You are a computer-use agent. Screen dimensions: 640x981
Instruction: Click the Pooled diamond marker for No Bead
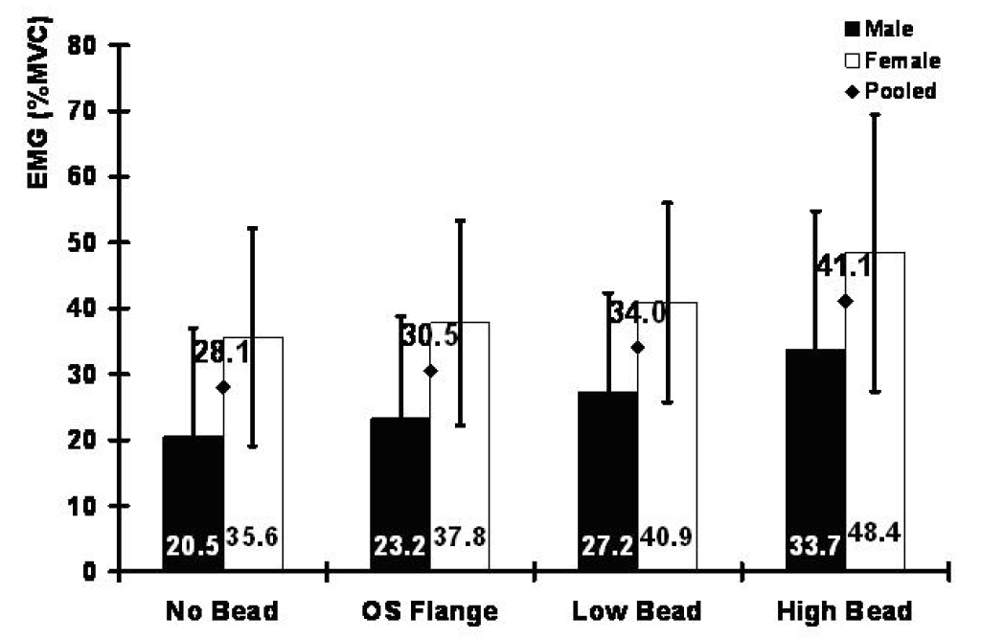[x=223, y=387]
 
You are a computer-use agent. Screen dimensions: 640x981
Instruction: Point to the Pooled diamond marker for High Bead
[x=845, y=301]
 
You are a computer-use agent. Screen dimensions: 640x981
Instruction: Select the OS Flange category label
[x=429, y=611]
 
